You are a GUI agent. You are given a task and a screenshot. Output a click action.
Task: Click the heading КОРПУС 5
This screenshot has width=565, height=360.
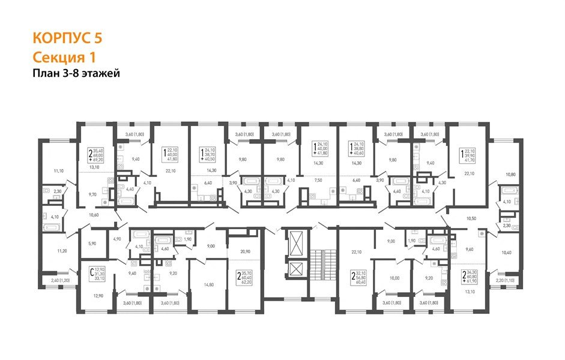[x=67, y=38]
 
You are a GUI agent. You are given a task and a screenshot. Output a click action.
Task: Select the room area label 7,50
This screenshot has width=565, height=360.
[x=318, y=179]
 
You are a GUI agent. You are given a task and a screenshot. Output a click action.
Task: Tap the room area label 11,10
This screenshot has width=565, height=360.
[x=58, y=172]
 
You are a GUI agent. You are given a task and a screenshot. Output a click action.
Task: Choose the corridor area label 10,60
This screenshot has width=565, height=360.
[x=92, y=214]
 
